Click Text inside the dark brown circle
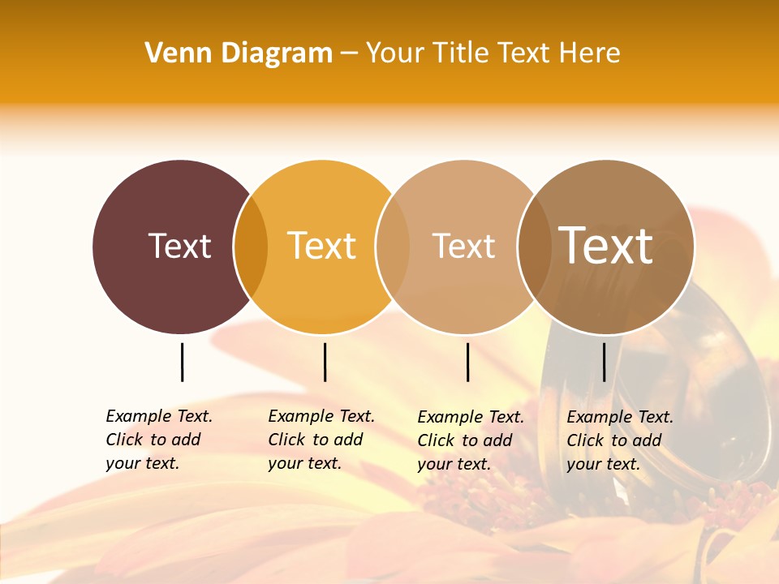coord(179,246)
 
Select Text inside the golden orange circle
coord(322,246)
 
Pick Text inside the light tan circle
coord(463,246)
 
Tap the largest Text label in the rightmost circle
coord(605,246)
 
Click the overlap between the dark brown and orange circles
coord(251,247)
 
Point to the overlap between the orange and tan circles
coord(392,247)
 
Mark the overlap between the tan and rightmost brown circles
coord(533,247)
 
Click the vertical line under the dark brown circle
coord(183,362)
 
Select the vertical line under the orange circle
coord(325,362)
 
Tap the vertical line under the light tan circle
coord(468,362)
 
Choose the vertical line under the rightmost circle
coord(605,362)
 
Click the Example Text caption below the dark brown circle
coord(159,440)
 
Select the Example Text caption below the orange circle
coord(321,440)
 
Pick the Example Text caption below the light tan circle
coord(471,440)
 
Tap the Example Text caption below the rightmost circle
coord(620,440)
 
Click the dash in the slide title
coord(349,54)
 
